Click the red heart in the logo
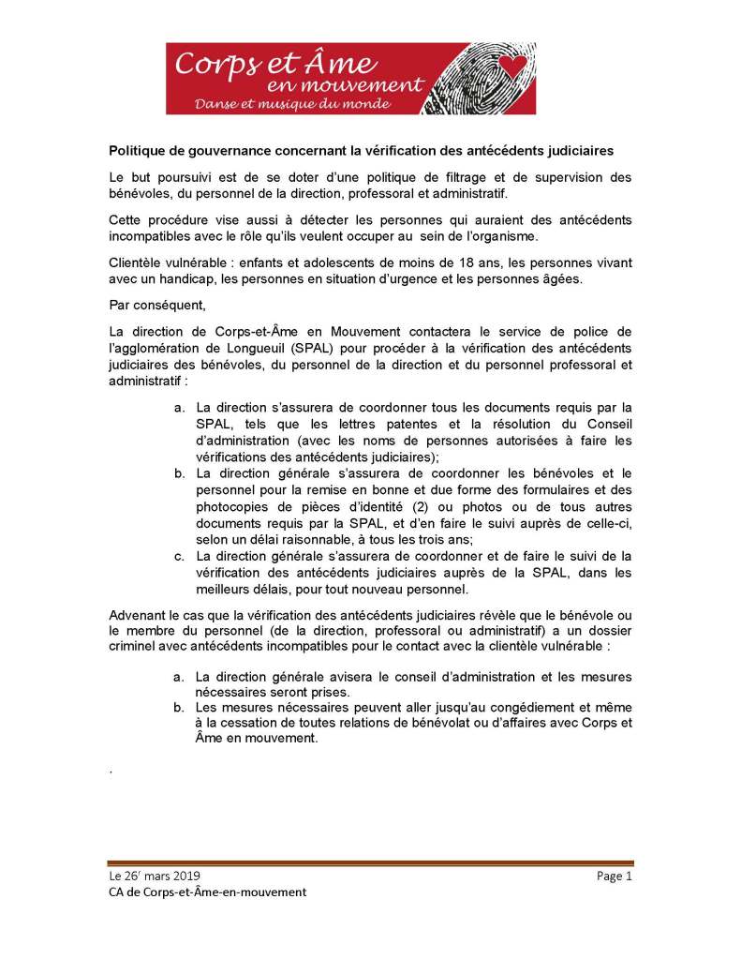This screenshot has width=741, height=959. [511, 65]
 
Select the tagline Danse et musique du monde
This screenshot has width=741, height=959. [291, 102]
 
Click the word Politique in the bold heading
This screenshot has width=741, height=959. [138, 150]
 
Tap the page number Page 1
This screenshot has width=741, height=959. [615, 876]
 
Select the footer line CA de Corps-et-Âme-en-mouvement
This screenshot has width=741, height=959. [207, 892]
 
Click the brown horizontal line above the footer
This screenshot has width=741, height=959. [370, 863]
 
